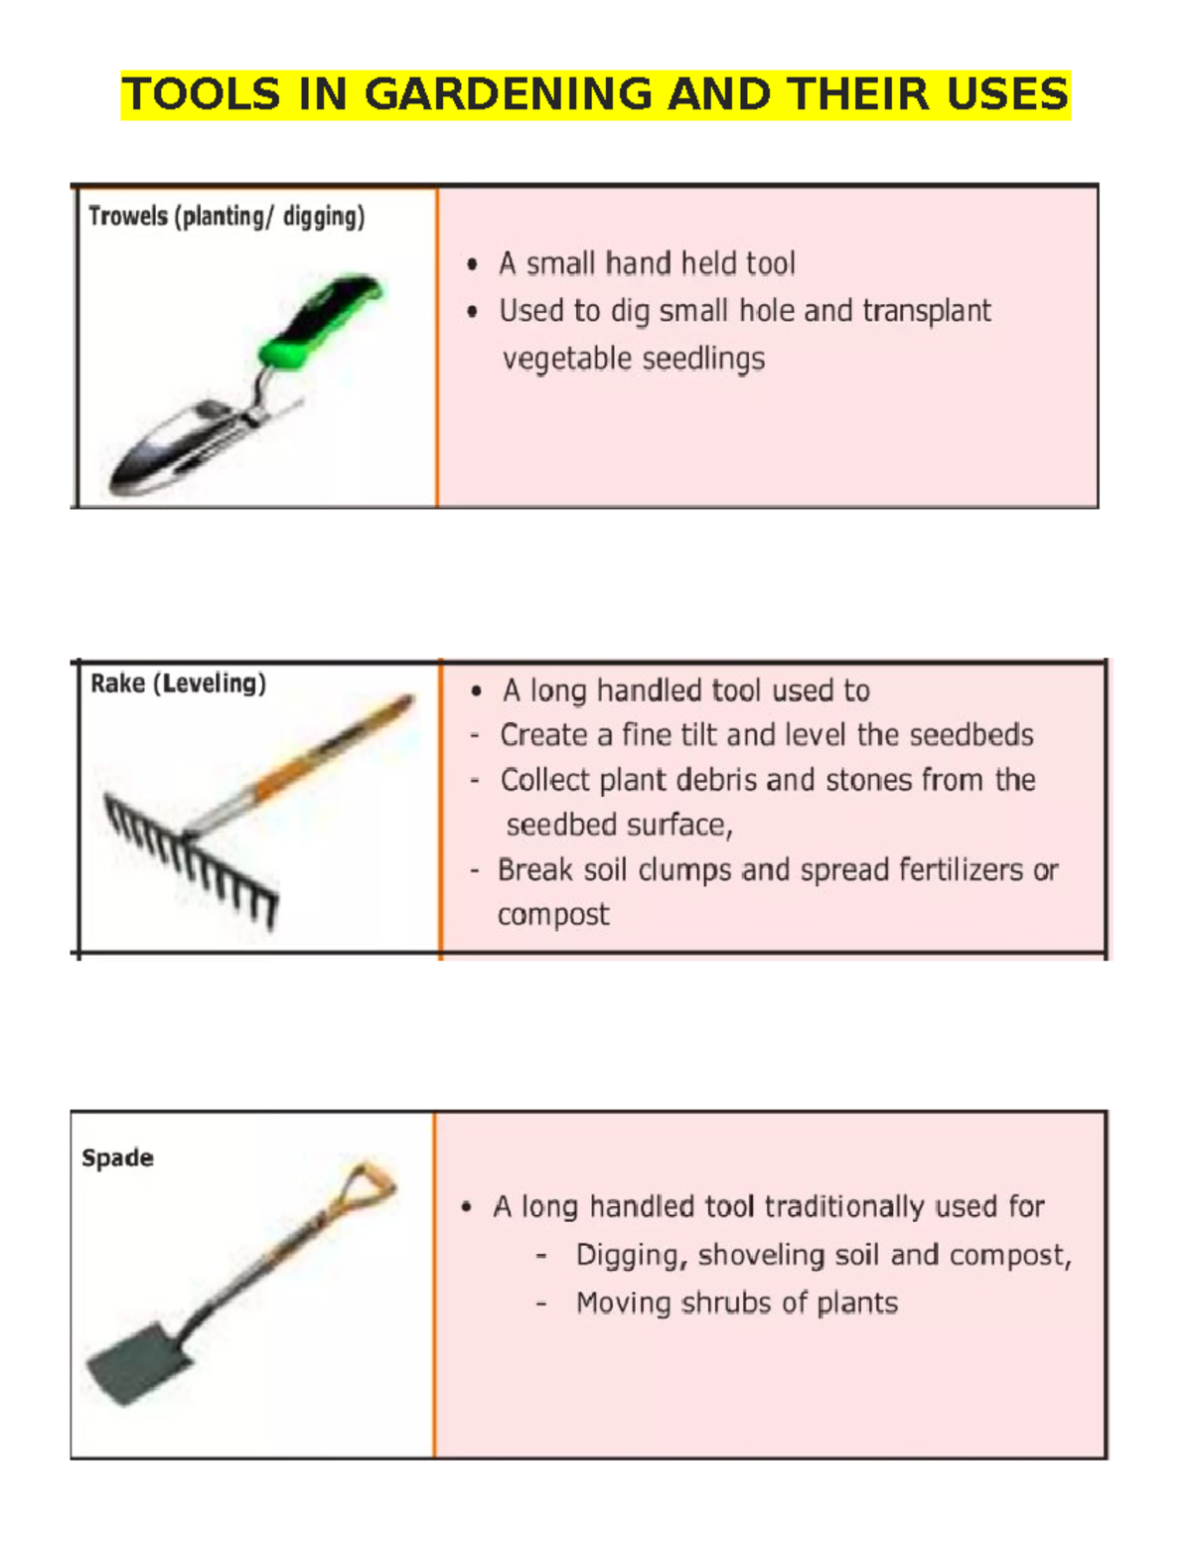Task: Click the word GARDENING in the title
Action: coord(508,94)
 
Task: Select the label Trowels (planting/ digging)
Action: coord(226,217)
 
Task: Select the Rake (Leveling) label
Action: coord(178,684)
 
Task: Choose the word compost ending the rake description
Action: coord(553,915)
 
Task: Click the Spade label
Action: coord(117,1157)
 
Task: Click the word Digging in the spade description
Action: coord(631,1256)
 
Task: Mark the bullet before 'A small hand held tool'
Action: coord(473,265)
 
